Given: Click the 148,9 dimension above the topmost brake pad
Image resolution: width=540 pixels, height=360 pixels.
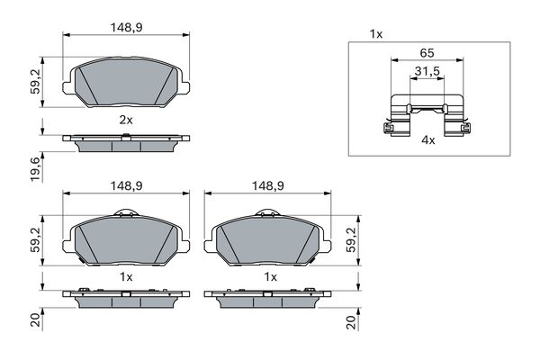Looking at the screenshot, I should [x=125, y=28].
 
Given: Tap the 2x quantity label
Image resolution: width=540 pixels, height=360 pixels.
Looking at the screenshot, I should [x=126, y=120].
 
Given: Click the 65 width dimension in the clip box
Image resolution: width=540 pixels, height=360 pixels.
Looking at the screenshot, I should [x=427, y=53].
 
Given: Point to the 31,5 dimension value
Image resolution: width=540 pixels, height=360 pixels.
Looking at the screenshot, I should [x=427, y=70].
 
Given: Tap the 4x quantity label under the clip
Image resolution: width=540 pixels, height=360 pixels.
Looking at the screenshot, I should [x=428, y=139].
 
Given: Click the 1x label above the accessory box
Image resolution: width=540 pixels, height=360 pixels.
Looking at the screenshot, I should [x=375, y=34].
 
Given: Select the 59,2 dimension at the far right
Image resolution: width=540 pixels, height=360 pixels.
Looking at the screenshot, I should [x=352, y=241].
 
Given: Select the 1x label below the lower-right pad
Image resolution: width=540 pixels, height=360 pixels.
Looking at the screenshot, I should [x=270, y=276].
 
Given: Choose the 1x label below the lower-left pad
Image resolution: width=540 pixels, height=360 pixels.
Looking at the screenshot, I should [x=126, y=276].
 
